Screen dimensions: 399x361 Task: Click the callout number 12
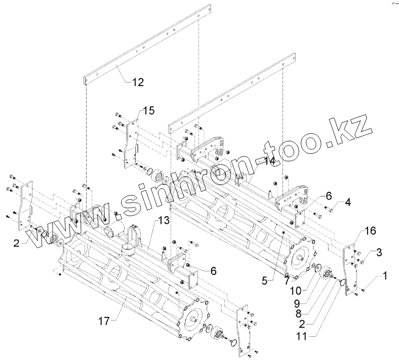tap(138, 82)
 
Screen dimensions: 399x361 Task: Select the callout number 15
tap(148, 110)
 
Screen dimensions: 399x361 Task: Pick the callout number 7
tap(287, 280)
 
